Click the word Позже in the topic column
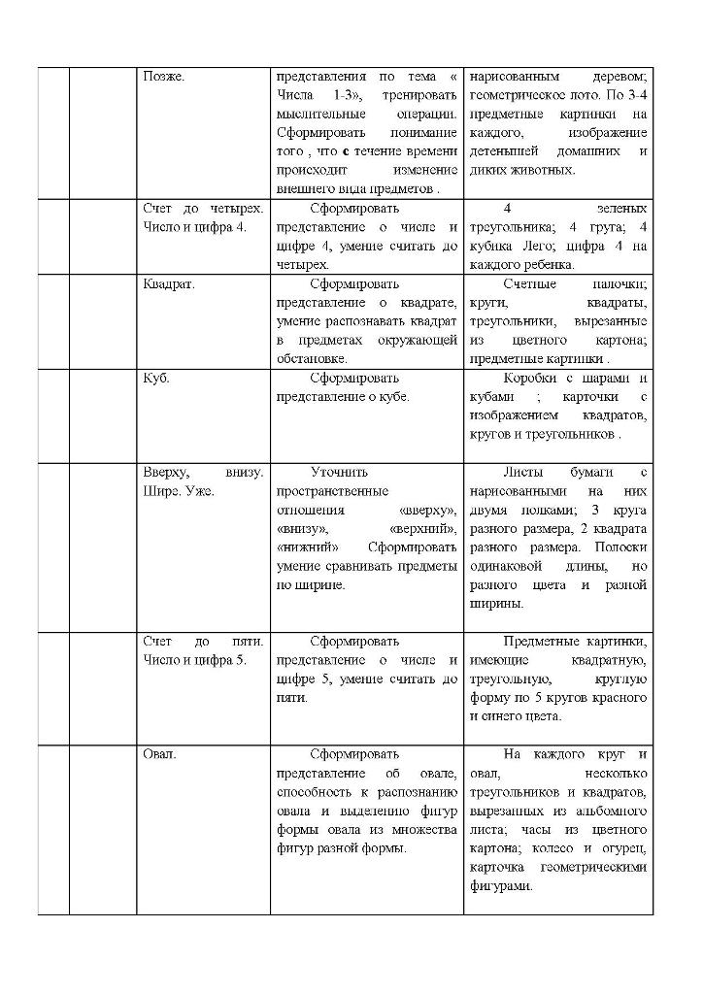pyautogui.click(x=163, y=76)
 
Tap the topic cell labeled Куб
pyautogui.click(x=156, y=378)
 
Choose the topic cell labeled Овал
pyautogui.click(x=159, y=754)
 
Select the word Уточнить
pyautogui.click(x=339, y=472)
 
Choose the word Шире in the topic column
pyautogui.click(x=158, y=491)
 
